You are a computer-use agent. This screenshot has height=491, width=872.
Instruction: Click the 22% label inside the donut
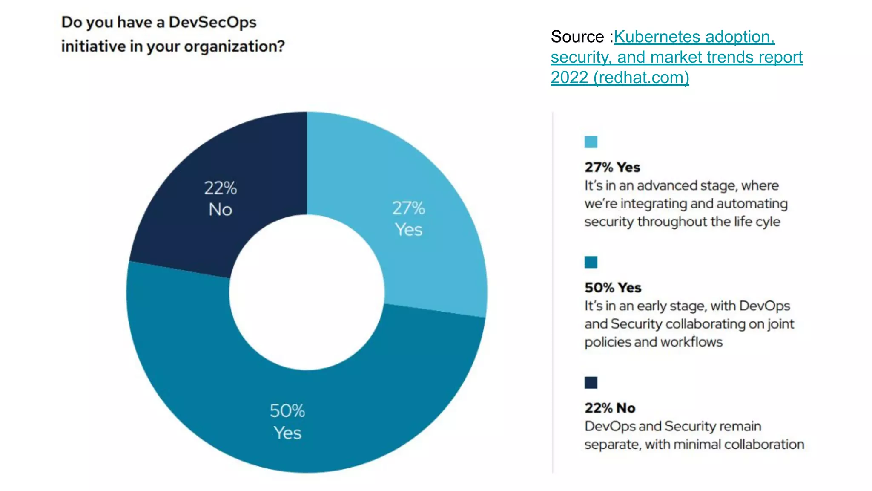point(220,188)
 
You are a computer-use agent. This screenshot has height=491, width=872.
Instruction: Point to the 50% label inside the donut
point(287,411)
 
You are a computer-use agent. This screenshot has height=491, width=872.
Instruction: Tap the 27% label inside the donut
point(408,208)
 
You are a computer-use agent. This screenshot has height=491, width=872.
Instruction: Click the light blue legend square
point(591,142)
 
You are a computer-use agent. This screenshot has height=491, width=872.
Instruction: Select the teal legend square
point(591,262)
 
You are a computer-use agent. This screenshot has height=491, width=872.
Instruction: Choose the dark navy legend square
point(591,383)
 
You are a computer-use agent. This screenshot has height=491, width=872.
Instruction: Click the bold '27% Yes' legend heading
point(612,167)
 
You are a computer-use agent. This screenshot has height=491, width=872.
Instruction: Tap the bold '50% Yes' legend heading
point(613,288)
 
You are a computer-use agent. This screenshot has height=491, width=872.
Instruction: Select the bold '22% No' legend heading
point(610,408)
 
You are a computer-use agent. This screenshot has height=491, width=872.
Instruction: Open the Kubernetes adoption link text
point(694,37)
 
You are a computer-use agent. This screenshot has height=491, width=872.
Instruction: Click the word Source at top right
point(577,37)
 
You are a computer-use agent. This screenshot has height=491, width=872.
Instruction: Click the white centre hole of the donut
point(307,292)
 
